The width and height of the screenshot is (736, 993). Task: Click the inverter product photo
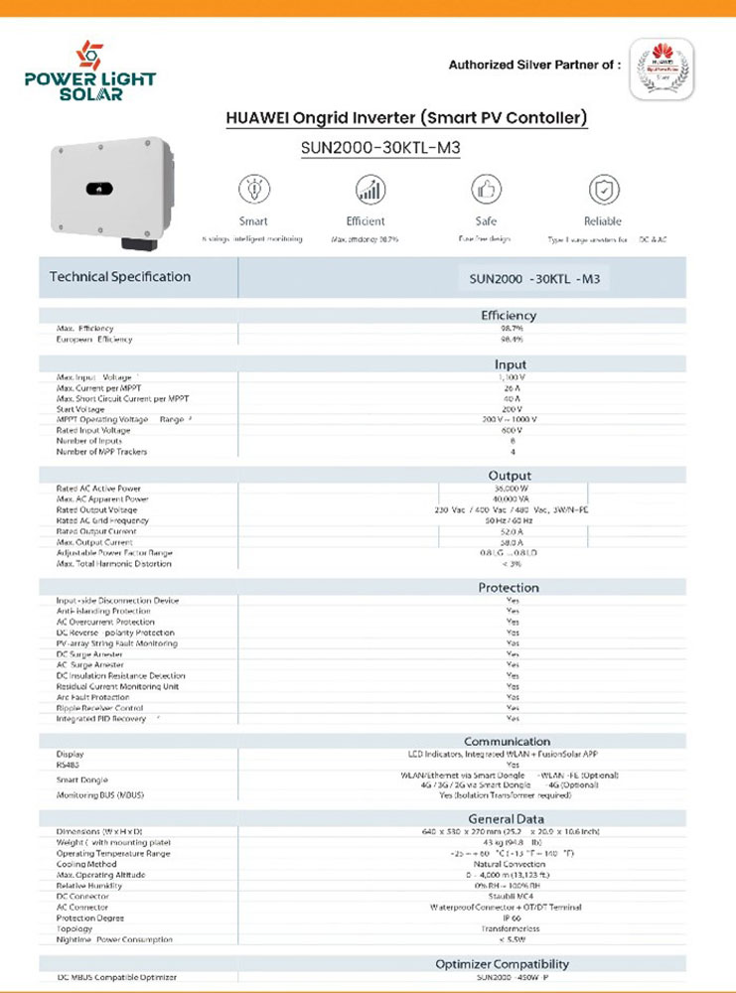(x=110, y=190)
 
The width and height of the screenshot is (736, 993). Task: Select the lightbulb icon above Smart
(x=252, y=189)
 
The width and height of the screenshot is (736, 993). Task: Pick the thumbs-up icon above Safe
(x=486, y=189)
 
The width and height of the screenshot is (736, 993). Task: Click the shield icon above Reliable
(x=603, y=189)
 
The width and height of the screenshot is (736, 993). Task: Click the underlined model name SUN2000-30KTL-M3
(x=380, y=148)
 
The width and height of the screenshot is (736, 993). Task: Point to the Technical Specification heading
(x=120, y=276)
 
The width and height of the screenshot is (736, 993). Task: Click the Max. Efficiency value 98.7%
(x=512, y=328)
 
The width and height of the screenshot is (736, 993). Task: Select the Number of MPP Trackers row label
(x=101, y=452)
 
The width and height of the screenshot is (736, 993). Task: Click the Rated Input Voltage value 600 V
(x=512, y=430)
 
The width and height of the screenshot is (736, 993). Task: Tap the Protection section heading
(x=509, y=587)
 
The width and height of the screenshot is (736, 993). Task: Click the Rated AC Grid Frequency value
(x=512, y=520)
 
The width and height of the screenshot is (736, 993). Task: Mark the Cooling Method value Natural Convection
(x=512, y=864)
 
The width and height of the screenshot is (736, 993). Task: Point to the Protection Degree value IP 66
(x=512, y=918)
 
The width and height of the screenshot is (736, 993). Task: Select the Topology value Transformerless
(x=512, y=928)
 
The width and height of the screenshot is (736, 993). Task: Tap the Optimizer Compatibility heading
(x=503, y=963)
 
